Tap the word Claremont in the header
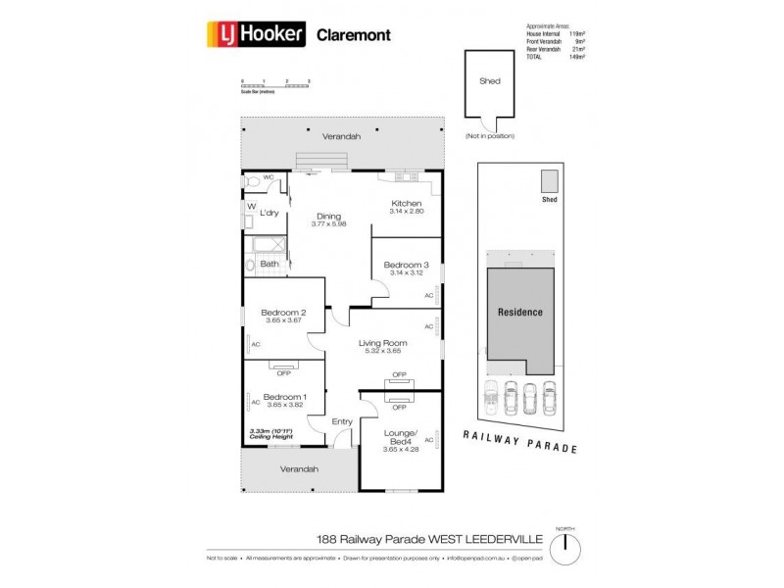click(x=353, y=35)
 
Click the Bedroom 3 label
click(x=405, y=265)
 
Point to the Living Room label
click(x=383, y=343)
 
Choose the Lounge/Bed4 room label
click(x=401, y=438)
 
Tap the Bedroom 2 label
click(x=283, y=313)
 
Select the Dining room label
click(x=327, y=217)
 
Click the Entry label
click(x=342, y=421)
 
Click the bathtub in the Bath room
click(x=266, y=245)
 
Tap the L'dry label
click(x=269, y=212)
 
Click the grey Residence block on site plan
click(x=519, y=313)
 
